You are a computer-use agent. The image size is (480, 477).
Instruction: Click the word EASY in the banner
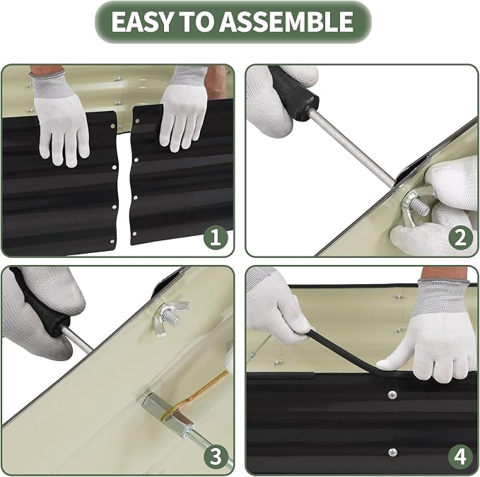[141, 21]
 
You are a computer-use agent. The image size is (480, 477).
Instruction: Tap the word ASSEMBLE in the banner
[286, 21]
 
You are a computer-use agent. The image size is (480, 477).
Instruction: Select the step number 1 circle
[216, 237]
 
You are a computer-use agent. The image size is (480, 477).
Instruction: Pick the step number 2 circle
[460, 237]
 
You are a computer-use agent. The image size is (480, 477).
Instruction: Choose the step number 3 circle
[216, 456]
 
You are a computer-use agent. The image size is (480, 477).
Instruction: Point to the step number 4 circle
[460, 456]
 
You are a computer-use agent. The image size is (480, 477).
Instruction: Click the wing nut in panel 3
[171, 317]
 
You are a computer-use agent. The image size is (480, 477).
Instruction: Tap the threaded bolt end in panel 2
[419, 206]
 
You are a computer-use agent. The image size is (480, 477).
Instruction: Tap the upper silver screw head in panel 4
[392, 395]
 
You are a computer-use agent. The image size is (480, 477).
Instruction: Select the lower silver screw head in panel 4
[392, 452]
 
